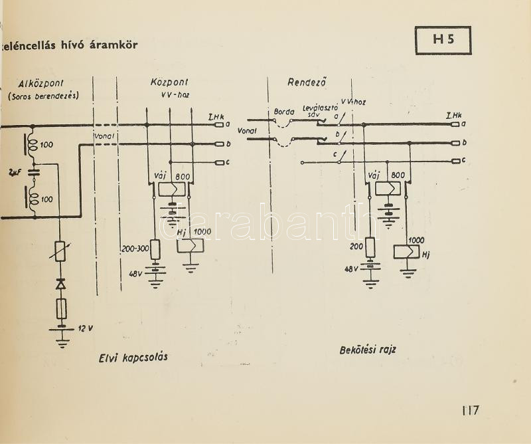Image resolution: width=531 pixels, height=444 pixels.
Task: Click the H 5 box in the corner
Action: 443,41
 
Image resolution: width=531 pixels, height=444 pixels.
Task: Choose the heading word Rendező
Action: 303,82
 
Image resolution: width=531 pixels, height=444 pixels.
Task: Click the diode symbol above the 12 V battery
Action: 62,284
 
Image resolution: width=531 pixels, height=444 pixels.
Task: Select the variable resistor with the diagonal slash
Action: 62,253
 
